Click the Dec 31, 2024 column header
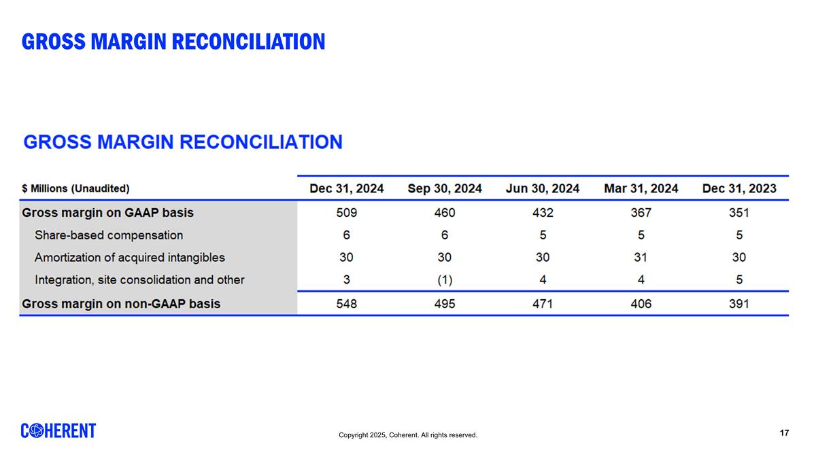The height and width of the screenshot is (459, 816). click(347, 188)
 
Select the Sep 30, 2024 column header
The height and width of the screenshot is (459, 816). click(445, 188)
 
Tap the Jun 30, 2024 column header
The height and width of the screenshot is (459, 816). click(543, 188)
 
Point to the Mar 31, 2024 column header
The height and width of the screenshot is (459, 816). click(641, 188)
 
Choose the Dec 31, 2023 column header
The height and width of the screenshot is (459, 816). click(738, 188)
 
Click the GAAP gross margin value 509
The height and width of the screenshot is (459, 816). click(347, 213)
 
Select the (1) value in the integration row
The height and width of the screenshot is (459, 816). click(445, 279)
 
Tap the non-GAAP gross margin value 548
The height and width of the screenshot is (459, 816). click(347, 304)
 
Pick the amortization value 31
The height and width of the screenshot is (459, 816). click(641, 258)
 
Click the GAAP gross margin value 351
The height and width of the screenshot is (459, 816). click(738, 213)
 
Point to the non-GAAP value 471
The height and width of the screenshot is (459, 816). click(543, 304)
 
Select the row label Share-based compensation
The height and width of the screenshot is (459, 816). click(109, 235)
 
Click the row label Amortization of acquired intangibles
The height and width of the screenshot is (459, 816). click(129, 258)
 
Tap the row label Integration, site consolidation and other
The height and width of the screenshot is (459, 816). click(139, 279)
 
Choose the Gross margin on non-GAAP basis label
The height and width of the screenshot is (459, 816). click(121, 304)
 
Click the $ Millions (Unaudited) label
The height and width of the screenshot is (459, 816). click(75, 188)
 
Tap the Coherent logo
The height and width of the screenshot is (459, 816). click(58, 430)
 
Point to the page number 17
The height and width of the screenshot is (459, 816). click(784, 433)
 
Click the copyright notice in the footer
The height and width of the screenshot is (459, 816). click(408, 435)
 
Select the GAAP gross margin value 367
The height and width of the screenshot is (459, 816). click(641, 213)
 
